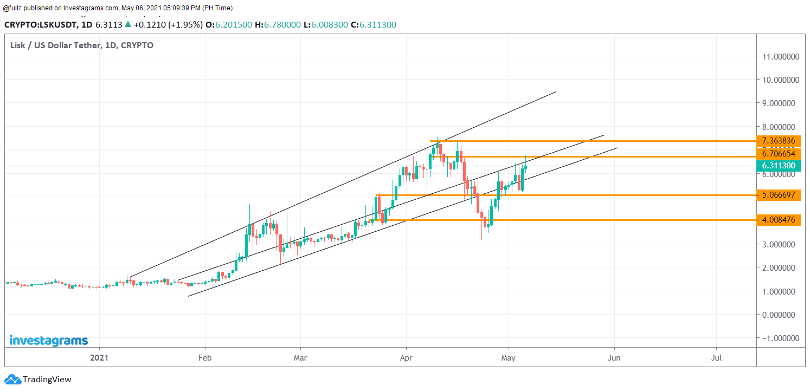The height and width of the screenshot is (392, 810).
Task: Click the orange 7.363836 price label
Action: coord(779,141)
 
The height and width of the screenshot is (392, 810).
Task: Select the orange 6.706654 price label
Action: coord(779,154)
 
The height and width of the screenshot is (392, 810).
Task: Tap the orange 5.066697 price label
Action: coord(779,195)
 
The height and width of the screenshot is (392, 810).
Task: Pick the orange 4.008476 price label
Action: coord(779,220)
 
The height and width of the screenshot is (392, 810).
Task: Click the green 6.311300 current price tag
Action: coord(779,166)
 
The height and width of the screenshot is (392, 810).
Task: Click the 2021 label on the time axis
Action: coord(99,358)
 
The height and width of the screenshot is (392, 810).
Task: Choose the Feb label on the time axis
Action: coord(205,358)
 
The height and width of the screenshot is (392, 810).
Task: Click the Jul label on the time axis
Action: coord(716,358)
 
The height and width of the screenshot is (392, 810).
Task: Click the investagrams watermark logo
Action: coord(48,341)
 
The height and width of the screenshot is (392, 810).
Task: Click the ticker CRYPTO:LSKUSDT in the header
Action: coord(40,24)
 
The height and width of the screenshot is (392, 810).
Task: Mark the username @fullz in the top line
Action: coord(14,8)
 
